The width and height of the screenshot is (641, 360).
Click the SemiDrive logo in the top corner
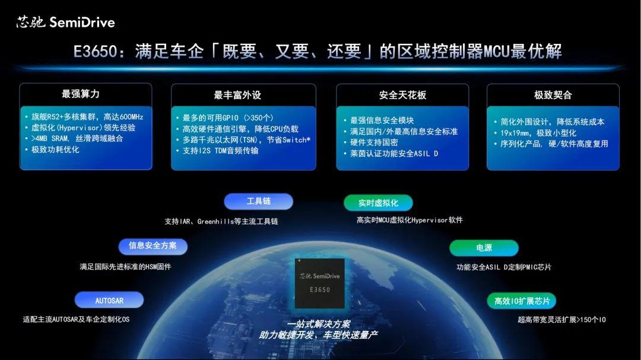tap(65, 23)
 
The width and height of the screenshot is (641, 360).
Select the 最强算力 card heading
tap(80, 94)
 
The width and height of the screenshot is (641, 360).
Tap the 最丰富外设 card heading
tap(237, 95)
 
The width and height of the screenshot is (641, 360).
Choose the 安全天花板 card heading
tap(402, 95)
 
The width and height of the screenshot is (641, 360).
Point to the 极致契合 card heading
tap(553, 95)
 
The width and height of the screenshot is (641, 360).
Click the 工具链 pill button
tap(258, 202)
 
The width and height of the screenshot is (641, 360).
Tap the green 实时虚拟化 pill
tap(378, 203)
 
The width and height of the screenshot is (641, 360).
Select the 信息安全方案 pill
tap(153, 246)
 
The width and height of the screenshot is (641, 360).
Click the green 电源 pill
tap(484, 248)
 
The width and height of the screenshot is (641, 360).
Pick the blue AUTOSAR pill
tap(109, 300)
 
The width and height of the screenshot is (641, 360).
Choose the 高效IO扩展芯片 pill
tap(522, 301)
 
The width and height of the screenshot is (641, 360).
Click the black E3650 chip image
tap(319, 283)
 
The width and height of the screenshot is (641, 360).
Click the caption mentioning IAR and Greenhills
tap(221, 221)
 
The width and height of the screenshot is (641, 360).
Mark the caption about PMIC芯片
tap(503, 267)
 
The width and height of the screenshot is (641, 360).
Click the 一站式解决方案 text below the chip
tap(318, 324)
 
